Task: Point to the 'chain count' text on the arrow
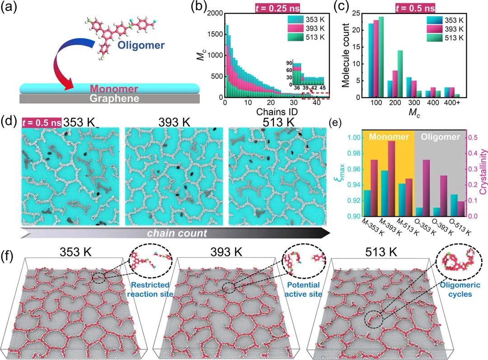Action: coord(176,233)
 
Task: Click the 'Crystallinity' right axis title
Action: coord(482,174)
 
